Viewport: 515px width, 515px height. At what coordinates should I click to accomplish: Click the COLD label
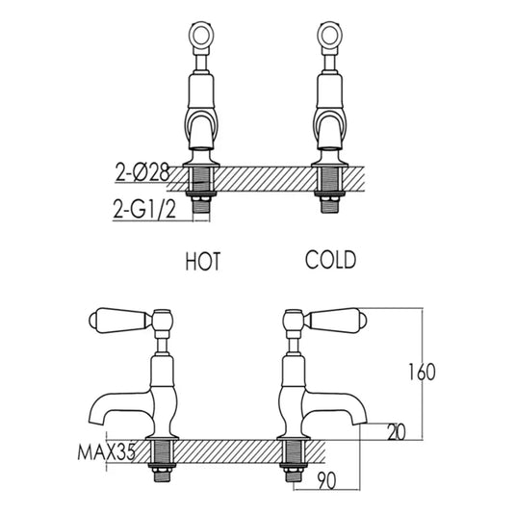pyautogui.click(x=330, y=260)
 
